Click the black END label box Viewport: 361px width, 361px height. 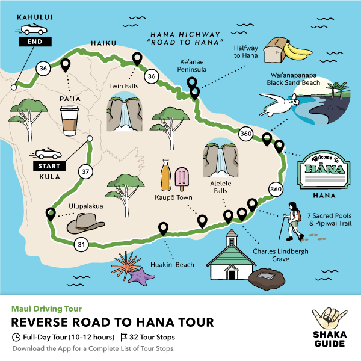(x=35, y=42)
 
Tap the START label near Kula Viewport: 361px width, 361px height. (x=49, y=166)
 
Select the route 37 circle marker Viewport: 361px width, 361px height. (x=85, y=171)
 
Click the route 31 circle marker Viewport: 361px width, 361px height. (x=81, y=244)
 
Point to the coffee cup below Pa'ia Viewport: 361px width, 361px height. (x=69, y=121)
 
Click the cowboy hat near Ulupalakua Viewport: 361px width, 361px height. (x=85, y=224)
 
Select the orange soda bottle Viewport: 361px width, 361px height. (x=166, y=175)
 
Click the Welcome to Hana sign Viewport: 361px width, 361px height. (x=324, y=170)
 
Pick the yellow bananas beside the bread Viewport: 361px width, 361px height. (x=297, y=51)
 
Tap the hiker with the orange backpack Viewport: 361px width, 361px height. (x=291, y=221)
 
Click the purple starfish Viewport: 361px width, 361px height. (x=141, y=276)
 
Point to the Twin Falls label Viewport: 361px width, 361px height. (x=123, y=86)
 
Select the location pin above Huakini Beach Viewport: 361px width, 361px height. (x=163, y=229)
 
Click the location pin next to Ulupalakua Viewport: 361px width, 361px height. (x=51, y=214)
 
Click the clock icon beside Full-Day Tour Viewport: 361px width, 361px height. (x=16, y=338)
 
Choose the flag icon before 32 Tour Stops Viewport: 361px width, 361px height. (x=124, y=338)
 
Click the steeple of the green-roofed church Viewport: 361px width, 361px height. (x=232, y=237)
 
